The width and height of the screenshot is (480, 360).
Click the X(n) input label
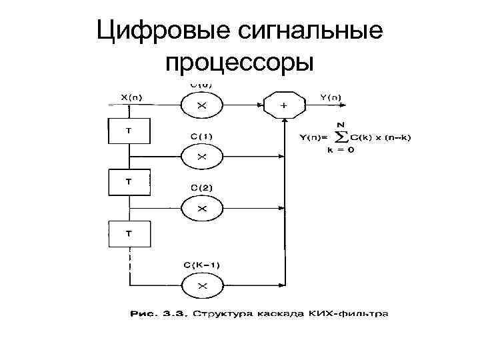(136, 97)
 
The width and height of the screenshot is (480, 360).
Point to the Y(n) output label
(329, 97)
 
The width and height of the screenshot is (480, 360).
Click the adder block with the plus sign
(285, 105)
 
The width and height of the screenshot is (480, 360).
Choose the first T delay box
(129, 130)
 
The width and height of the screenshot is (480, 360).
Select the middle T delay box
(129, 181)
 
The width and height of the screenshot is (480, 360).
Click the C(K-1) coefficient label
(202, 265)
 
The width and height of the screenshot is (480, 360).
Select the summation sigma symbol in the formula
(342, 137)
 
